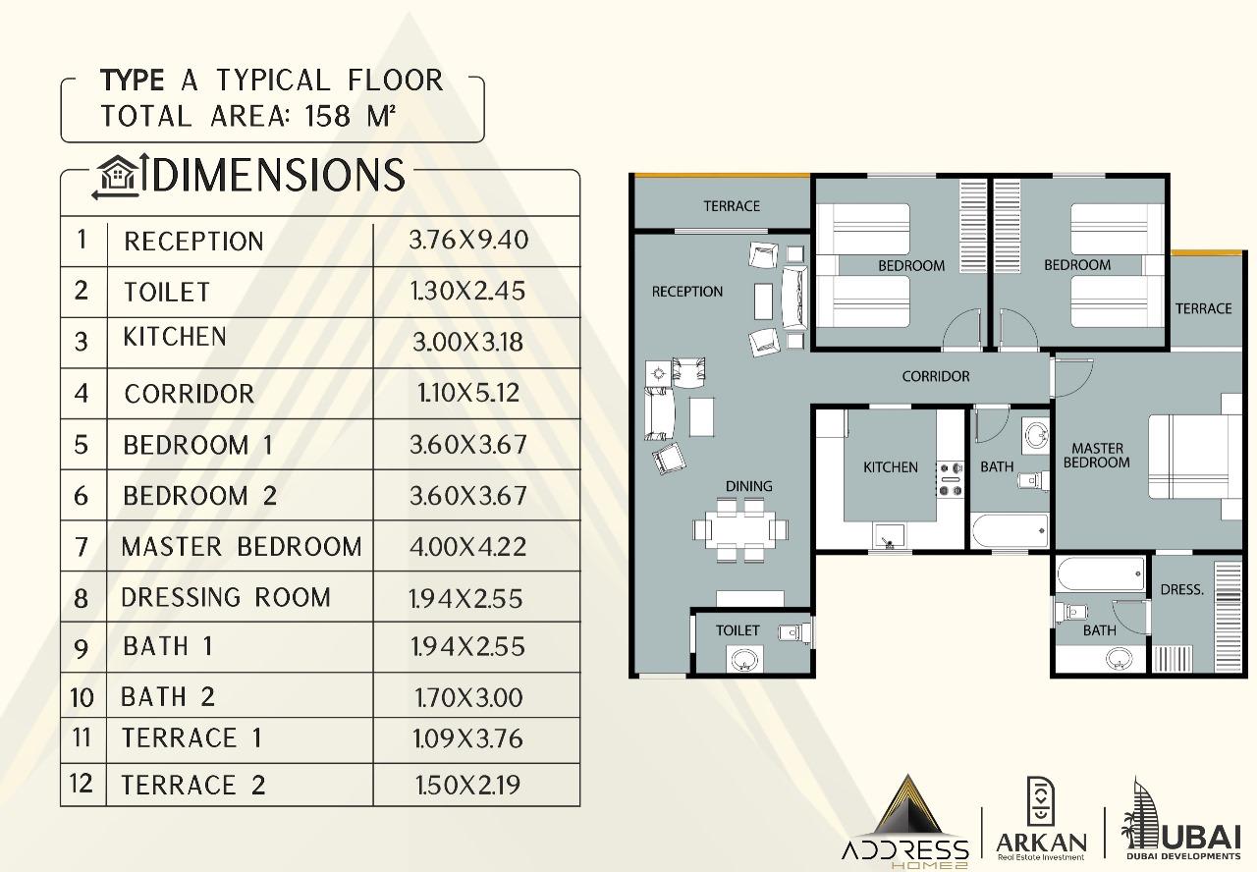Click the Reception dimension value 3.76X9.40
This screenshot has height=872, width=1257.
(468, 241)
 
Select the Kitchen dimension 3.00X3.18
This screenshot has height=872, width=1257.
(468, 343)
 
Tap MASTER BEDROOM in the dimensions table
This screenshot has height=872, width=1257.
(242, 547)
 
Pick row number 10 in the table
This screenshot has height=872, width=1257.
(82, 697)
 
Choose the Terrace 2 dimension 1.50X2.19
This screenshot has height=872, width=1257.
(468, 785)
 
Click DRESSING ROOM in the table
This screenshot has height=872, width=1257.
(226, 598)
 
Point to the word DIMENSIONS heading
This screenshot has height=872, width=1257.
(278, 175)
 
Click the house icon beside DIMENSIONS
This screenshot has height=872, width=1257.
(117, 176)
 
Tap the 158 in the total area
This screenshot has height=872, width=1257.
(328, 116)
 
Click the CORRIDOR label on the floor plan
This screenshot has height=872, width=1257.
(936, 376)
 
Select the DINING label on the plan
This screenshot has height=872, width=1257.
(748, 486)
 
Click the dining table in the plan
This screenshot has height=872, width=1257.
(740, 529)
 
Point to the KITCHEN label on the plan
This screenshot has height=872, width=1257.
(891, 466)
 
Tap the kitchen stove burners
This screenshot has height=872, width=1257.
(950, 478)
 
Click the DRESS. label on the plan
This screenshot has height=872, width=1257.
(1181, 590)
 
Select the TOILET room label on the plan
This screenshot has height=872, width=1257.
(738, 630)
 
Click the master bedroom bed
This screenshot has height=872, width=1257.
(1194, 457)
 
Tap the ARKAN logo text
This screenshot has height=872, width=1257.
(1041, 843)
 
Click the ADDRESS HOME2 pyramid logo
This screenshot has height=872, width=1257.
(905, 823)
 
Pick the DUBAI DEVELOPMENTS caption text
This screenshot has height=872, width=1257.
(1183, 856)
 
